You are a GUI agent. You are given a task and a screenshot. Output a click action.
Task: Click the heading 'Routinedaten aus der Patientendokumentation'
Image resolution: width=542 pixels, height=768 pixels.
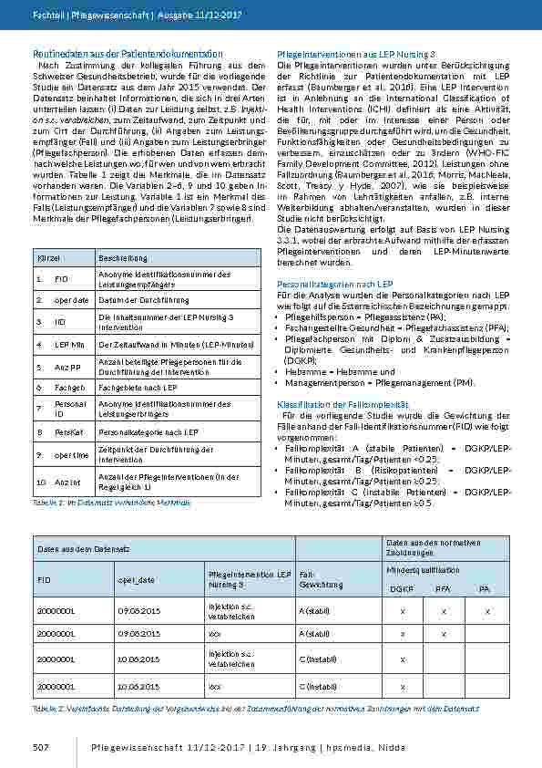pos(127,55)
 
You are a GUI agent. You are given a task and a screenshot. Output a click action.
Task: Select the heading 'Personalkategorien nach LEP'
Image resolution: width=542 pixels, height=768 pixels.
pos(333,284)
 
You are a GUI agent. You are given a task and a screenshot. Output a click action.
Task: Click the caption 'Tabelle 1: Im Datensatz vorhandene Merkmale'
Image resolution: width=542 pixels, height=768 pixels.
pos(111,503)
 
